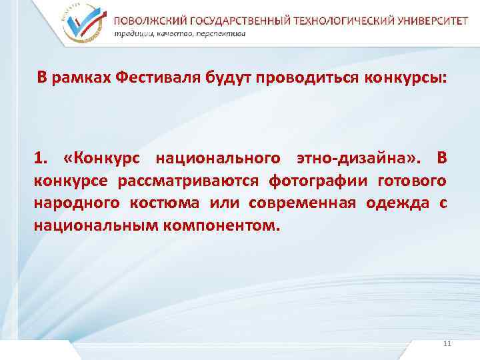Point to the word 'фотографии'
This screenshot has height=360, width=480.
click(319, 181)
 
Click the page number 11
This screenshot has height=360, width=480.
click(447, 343)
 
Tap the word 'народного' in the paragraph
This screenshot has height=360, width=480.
click(66, 203)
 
